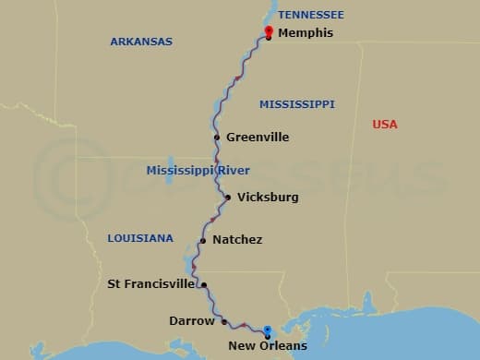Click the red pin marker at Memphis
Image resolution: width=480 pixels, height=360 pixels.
coord(268,32)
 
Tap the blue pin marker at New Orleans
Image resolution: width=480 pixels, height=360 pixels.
coord(267,330)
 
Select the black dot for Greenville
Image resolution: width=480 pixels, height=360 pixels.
coord(217,138)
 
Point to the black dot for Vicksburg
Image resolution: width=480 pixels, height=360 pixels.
coord(228,197)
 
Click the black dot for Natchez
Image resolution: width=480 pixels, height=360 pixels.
coord(202,241)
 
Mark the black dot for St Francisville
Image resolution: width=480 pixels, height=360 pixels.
coord(204,285)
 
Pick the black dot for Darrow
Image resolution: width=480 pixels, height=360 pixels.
coord(224,321)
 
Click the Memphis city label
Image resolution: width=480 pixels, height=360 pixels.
coord(306,33)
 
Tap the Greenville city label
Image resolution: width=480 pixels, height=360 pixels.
coord(258,138)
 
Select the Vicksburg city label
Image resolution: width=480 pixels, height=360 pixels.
coord(268,198)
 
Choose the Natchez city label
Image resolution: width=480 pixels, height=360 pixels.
coord(237,240)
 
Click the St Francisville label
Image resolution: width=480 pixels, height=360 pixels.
coord(151,284)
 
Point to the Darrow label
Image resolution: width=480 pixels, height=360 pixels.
coord(192,321)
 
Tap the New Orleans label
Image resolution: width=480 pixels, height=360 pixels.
coord(268,347)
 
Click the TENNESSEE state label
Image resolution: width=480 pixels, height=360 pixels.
coord(310,15)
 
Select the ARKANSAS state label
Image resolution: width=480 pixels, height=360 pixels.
coord(141,42)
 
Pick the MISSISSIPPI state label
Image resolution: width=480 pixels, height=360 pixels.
coord(296,104)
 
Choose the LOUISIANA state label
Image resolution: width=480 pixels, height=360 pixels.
coord(140,238)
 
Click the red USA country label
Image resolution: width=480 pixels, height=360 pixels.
coord(385,125)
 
